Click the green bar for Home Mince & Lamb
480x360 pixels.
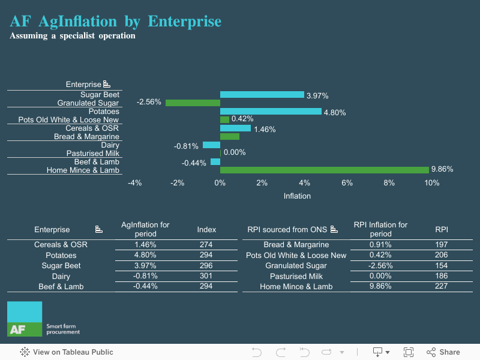click(x=324, y=170)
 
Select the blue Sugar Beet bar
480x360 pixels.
click(x=262, y=95)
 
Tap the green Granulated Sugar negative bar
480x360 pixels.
click(x=193, y=103)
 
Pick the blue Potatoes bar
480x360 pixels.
click(x=270, y=111)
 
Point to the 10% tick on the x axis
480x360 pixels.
click(x=431, y=183)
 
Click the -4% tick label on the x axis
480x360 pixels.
click(x=135, y=183)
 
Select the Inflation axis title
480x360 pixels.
click(x=297, y=196)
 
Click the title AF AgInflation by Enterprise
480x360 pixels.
click(x=116, y=22)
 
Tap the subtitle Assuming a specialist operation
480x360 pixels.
click(x=73, y=36)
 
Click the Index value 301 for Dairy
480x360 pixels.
click(x=206, y=276)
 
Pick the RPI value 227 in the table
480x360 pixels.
click(x=442, y=286)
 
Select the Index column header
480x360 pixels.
click(x=206, y=229)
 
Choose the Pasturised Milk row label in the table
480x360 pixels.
click(x=296, y=276)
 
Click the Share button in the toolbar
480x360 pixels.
click(x=443, y=352)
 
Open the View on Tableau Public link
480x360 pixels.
click(x=67, y=352)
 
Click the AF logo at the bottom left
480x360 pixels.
click(x=25, y=319)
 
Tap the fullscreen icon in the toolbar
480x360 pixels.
click(x=409, y=352)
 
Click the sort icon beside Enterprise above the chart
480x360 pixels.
click(x=106, y=85)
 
